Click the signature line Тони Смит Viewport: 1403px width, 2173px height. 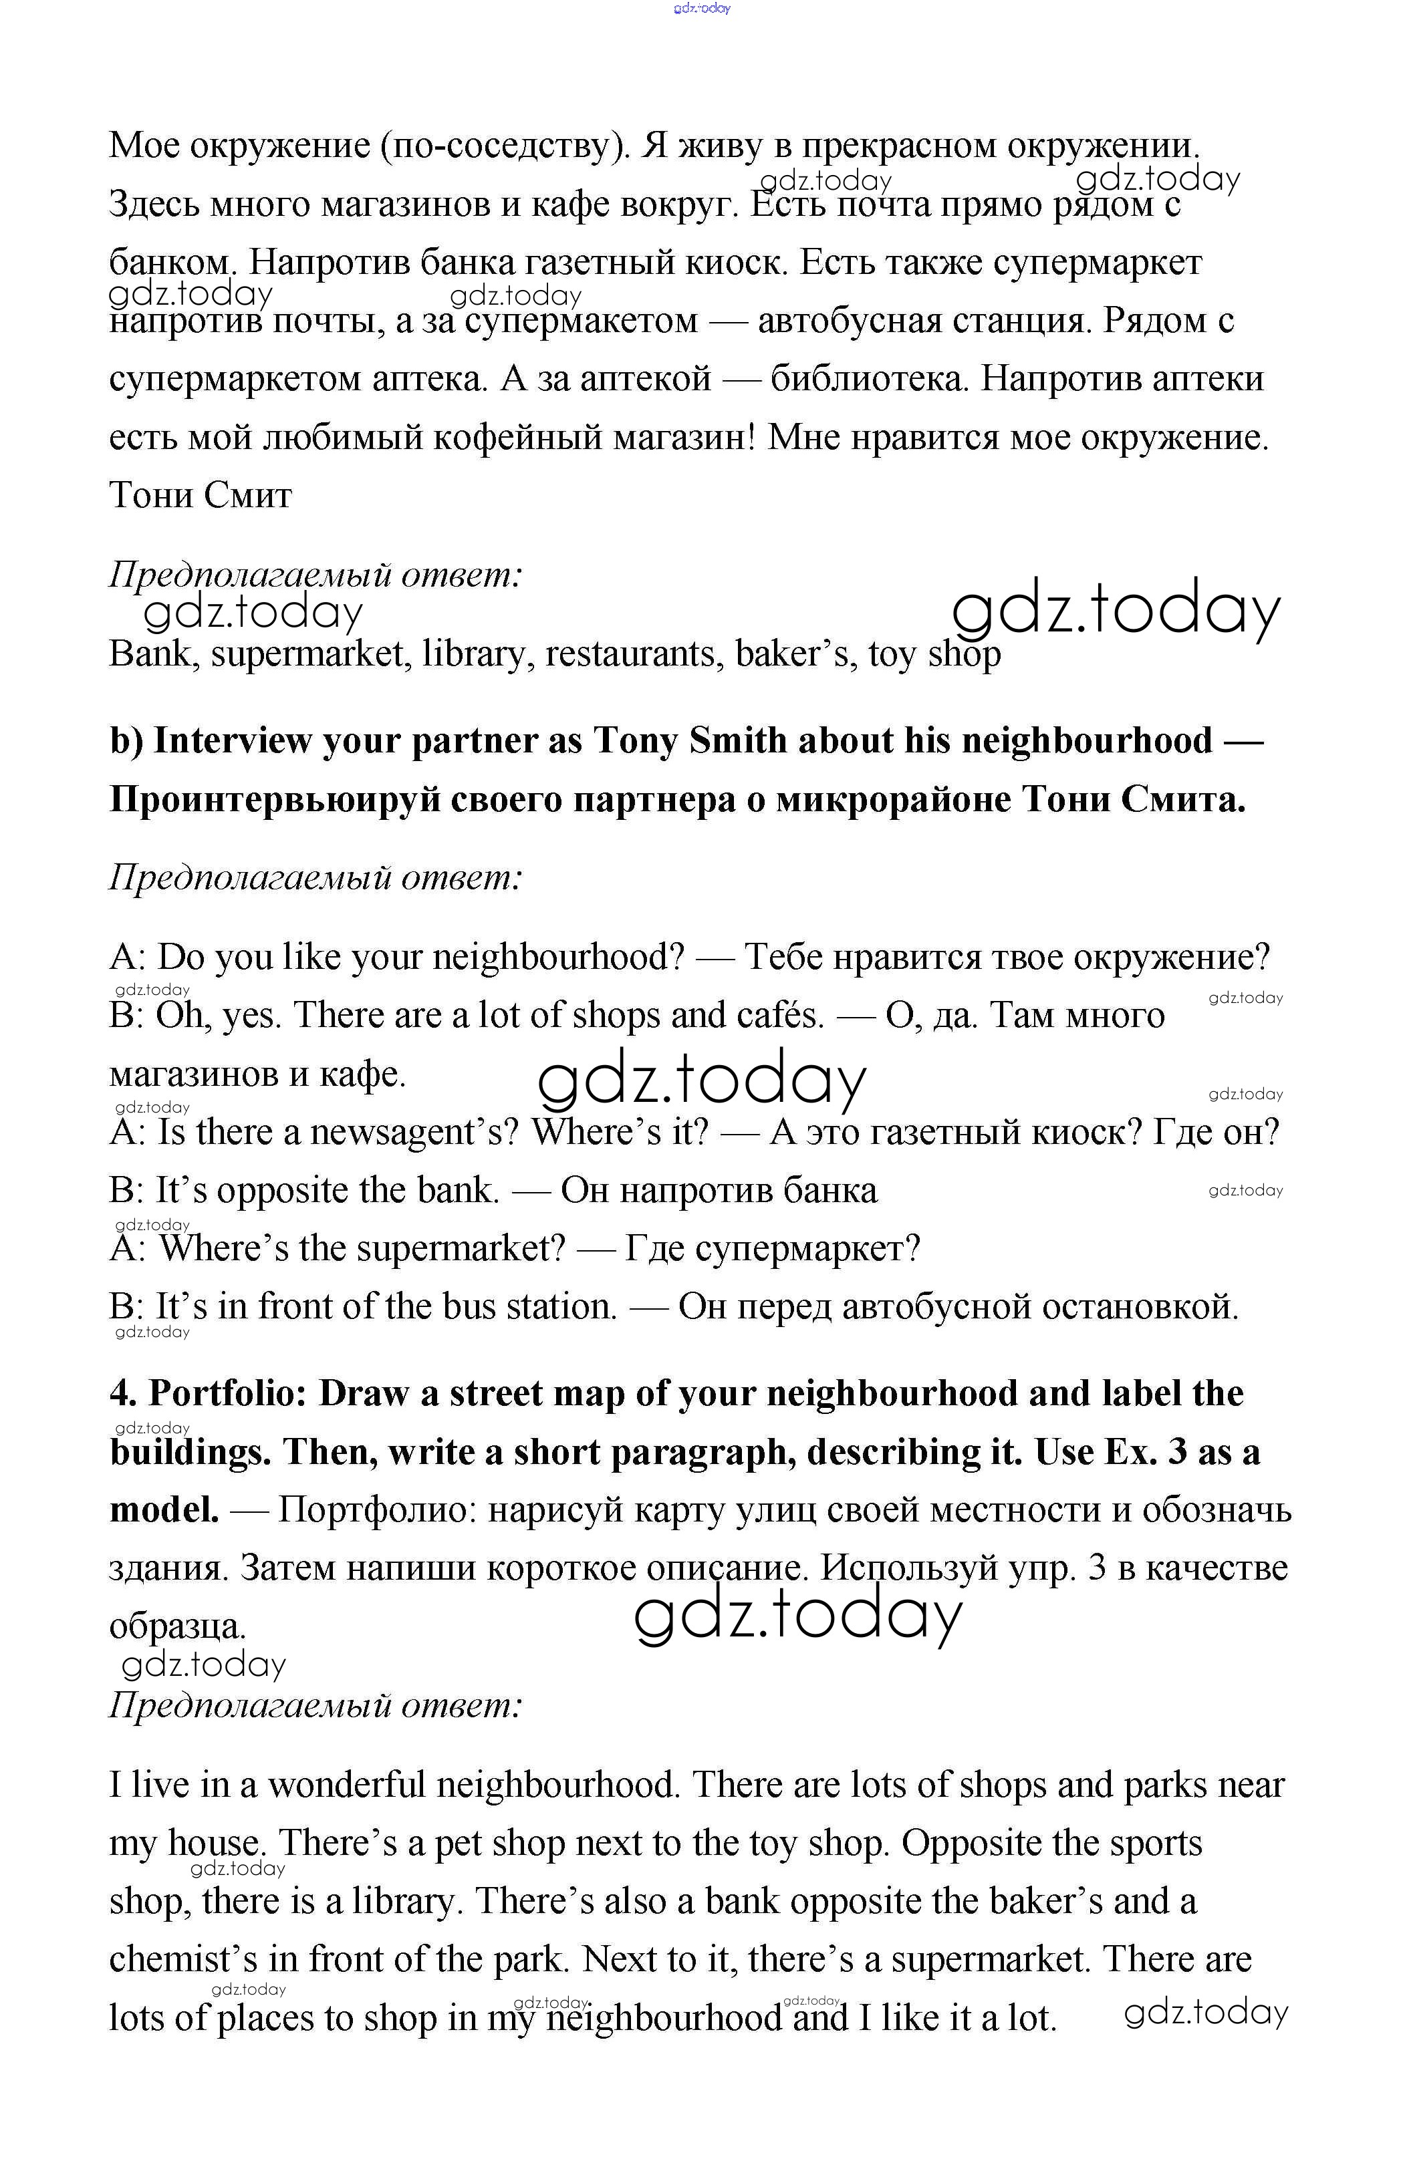[x=201, y=495]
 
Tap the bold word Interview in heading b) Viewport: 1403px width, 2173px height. [x=231, y=741]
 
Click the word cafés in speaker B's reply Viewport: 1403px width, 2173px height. [x=775, y=1016]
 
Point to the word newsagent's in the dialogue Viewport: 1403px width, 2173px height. [x=414, y=1132]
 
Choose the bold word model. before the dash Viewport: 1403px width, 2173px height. [x=164, y=1511]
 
